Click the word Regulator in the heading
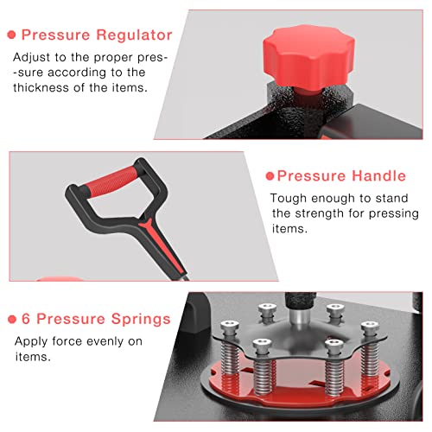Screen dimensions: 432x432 [x=134, y=35]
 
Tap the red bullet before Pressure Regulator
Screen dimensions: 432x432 [x=11, y=35]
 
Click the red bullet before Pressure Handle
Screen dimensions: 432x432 [x=270, y=176]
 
